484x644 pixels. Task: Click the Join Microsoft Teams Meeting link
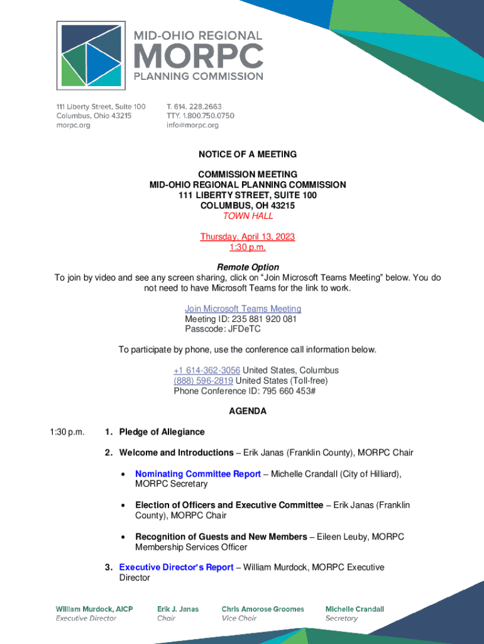(x=243, y=309)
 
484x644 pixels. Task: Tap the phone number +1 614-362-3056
(x=207, y=370)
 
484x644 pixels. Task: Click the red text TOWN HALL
(x=248, y=216)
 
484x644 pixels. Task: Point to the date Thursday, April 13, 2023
(x=248, y=236)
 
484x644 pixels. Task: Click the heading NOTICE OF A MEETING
(x=248, y=154)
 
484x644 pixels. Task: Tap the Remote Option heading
(x=248, y=267)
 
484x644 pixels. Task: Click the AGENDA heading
(x=248, y=411)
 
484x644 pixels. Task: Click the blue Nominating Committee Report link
(x=198, y=474)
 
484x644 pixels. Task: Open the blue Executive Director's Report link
(x=177, y=567)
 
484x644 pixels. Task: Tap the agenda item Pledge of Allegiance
(x=162, y=432)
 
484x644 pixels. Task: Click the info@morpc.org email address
(x=192, y=125)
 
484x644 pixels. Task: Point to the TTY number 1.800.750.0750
(x=208, y=116)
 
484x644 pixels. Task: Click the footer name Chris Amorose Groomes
(x=263, y=609)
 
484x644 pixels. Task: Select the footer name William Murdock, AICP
(x=94, y=609)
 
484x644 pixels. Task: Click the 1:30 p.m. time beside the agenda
(x=67, y=432)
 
